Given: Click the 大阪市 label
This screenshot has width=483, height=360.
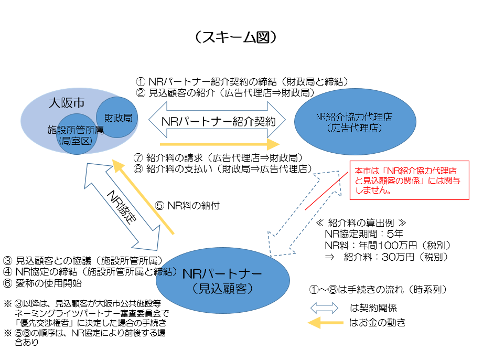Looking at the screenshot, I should [x=66, y=102].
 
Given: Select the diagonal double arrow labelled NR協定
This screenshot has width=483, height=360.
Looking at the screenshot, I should [x=122, y=206].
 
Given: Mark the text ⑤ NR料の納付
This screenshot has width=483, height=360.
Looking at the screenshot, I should [x=187, y=206].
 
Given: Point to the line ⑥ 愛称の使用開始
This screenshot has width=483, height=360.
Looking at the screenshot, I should [x=42, y=283].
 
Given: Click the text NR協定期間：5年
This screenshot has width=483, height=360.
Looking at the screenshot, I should [x=364, y=234].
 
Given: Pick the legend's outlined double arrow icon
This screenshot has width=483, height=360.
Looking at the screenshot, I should [x=325, y=308].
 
